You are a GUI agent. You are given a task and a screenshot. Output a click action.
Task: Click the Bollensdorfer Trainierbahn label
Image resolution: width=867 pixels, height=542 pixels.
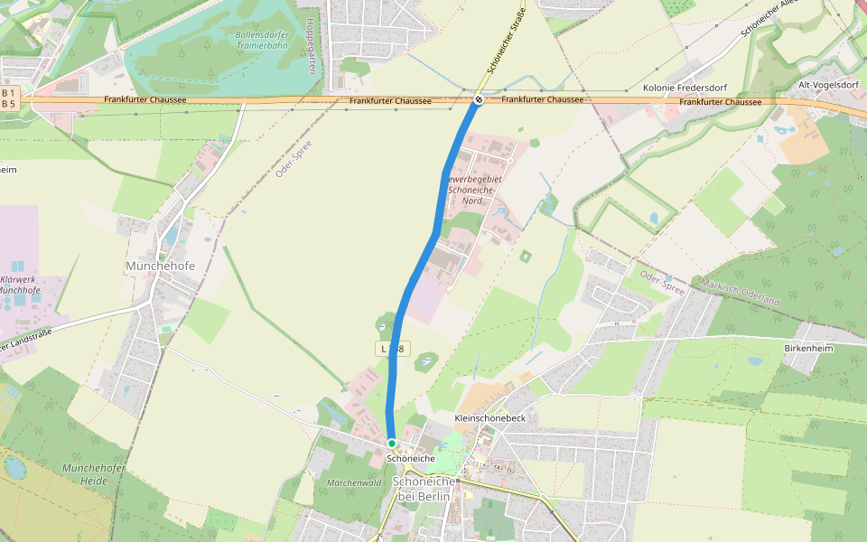[x=262, y=39]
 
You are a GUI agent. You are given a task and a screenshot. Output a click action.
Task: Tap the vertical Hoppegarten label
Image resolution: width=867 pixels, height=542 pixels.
[x=310, y=46]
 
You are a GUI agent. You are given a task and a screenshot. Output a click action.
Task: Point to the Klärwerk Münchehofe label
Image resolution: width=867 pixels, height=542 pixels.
[x=20, y=285]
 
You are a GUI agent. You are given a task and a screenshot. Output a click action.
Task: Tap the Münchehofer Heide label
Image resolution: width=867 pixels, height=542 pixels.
[x=86, y=474]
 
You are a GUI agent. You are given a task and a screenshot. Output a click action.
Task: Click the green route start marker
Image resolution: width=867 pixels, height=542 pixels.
[x=392, y=443]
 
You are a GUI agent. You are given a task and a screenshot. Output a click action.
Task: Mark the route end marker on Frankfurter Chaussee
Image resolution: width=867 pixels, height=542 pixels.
[x=479, y=99]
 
